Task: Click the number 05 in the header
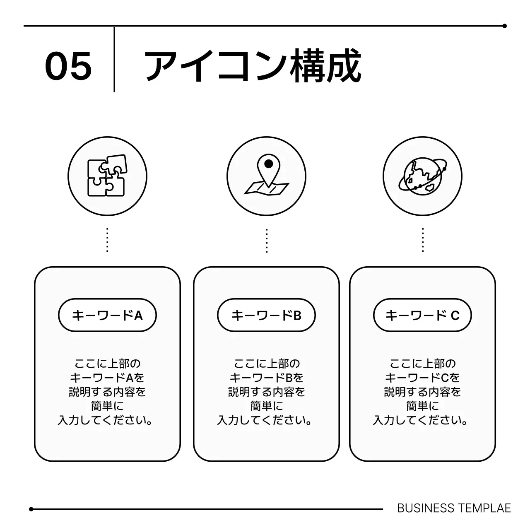coord(68,66)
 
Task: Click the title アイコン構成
coord(253,66)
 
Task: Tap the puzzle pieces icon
coord(107,176)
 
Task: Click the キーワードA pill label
coord(107,316)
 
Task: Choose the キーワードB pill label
coord(266,316)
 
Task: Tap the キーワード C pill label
coord(422,316)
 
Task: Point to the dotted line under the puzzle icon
coord(107,240)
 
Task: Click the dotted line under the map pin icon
coord(267,240)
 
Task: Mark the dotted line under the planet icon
coord(422,240)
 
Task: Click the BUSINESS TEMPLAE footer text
coord(454,508)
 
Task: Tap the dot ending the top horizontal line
coord(504,26)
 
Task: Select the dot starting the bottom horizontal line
coord(31,509)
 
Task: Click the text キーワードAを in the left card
coord(107,378)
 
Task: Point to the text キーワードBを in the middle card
coord(266,378)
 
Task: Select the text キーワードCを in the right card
coord(422,378)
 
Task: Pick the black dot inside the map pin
coord(269,164)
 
